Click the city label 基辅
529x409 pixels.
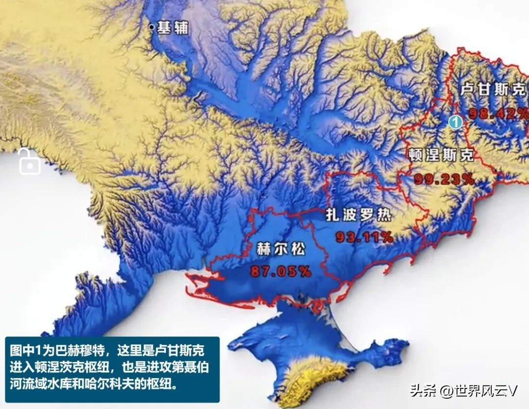(173, 28)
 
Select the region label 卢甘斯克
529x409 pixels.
(493, 90)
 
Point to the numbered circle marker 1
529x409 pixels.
(456, 121)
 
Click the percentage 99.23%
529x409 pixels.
(444, 179)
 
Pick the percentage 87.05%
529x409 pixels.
(281, 271)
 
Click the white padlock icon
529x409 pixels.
(29, 162)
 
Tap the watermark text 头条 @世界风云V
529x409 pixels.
(463, 390)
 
